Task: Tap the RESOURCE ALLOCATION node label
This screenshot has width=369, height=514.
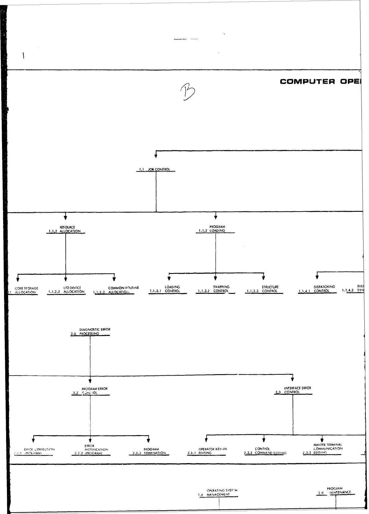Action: [66, 229]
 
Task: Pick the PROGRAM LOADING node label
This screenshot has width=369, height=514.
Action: [215, 229]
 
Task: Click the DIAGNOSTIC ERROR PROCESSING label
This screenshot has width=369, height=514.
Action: [91, 332]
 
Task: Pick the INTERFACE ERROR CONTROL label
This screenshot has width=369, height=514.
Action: [293, 390]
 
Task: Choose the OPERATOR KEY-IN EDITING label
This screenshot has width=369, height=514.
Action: [207, 451]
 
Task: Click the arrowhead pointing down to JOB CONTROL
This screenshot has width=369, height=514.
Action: [156, 156]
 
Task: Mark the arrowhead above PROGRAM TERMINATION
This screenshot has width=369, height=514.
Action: [148, 440]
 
